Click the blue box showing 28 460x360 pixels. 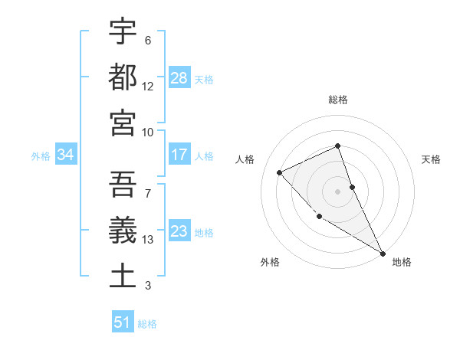coord(179,78)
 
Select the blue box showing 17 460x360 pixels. coord(179,155)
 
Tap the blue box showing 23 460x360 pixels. coord(179,231)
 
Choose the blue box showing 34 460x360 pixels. coord(66,155)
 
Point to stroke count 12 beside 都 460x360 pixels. coord(148,87)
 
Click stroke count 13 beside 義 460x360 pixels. coord(148,240)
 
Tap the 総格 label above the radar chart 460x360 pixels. coord(338,100)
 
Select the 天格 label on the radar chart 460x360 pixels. coord(432,159)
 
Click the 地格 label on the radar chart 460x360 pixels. coord(402,262)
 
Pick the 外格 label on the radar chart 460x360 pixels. coord(270,262)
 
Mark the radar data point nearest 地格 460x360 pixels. coord(383,253)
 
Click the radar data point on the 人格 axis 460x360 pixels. coord(280,172)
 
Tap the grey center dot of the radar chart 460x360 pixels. coord(337,191)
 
